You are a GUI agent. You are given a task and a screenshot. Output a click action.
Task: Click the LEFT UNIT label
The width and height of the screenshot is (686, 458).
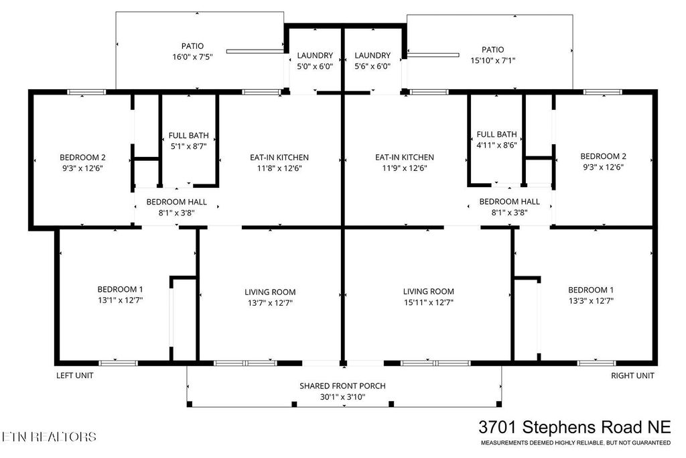tap(74, 376)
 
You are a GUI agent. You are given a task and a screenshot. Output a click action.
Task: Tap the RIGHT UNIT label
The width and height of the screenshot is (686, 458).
tap(632, 376)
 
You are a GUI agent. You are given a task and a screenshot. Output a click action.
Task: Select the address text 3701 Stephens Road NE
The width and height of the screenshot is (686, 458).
tap(574, 427)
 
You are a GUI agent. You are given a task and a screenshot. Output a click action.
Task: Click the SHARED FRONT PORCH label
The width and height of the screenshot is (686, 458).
tap(342, 386)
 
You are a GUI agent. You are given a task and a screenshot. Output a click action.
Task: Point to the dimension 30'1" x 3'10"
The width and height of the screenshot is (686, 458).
tap(342, 396)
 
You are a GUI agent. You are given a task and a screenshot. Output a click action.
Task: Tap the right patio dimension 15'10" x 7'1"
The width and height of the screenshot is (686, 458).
tap(492, 60)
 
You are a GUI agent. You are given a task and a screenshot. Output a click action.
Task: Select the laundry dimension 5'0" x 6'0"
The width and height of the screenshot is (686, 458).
tap(315, 66)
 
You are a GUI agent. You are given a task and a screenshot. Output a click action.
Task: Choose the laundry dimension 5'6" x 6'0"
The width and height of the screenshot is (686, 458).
tap(372, 66)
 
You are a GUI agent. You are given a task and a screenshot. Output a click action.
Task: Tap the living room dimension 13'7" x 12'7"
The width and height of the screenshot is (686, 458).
tap(270, 302)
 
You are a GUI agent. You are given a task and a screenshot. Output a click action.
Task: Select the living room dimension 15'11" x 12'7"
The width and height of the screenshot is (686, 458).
tap(428, 302)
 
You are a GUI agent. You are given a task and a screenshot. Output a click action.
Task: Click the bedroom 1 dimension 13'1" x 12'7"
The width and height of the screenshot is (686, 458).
tap(120, 300)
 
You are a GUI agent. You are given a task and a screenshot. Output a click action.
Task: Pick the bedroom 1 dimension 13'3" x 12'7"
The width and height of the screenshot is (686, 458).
tap(591, 300)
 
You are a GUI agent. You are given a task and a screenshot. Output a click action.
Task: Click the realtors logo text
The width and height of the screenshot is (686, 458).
tap(49, 437)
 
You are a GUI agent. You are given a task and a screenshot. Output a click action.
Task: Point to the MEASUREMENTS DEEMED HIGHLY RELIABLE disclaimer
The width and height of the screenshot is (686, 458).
tap(575, 443)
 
